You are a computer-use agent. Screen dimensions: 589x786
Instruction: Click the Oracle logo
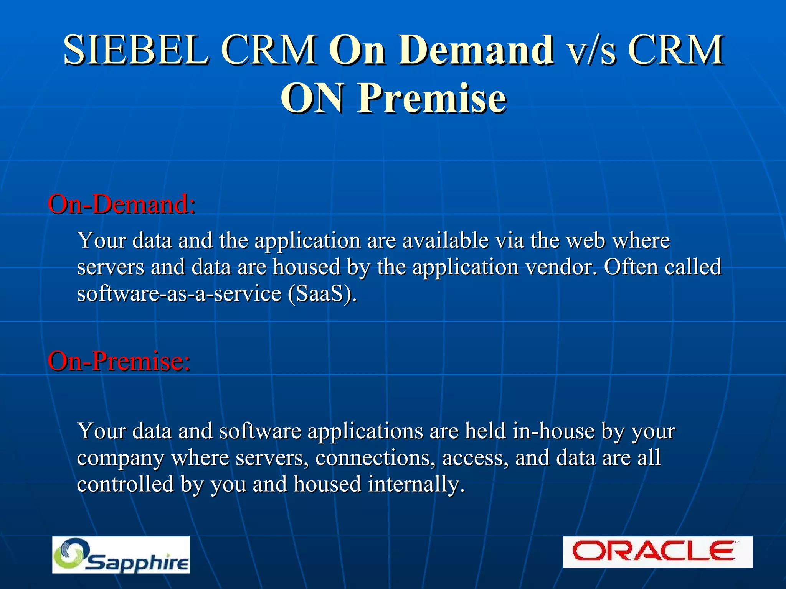[657, 552]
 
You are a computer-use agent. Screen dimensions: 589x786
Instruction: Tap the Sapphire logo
[121, 555]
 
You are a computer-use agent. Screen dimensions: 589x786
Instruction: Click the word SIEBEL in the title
[137, 50]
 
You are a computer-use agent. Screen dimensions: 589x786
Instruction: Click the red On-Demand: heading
[121, 204]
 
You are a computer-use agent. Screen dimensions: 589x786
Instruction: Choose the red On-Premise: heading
[119, 361]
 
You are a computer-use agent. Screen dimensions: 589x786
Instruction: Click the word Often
[630, 267]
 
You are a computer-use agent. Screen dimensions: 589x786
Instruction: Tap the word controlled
[125, 484]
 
